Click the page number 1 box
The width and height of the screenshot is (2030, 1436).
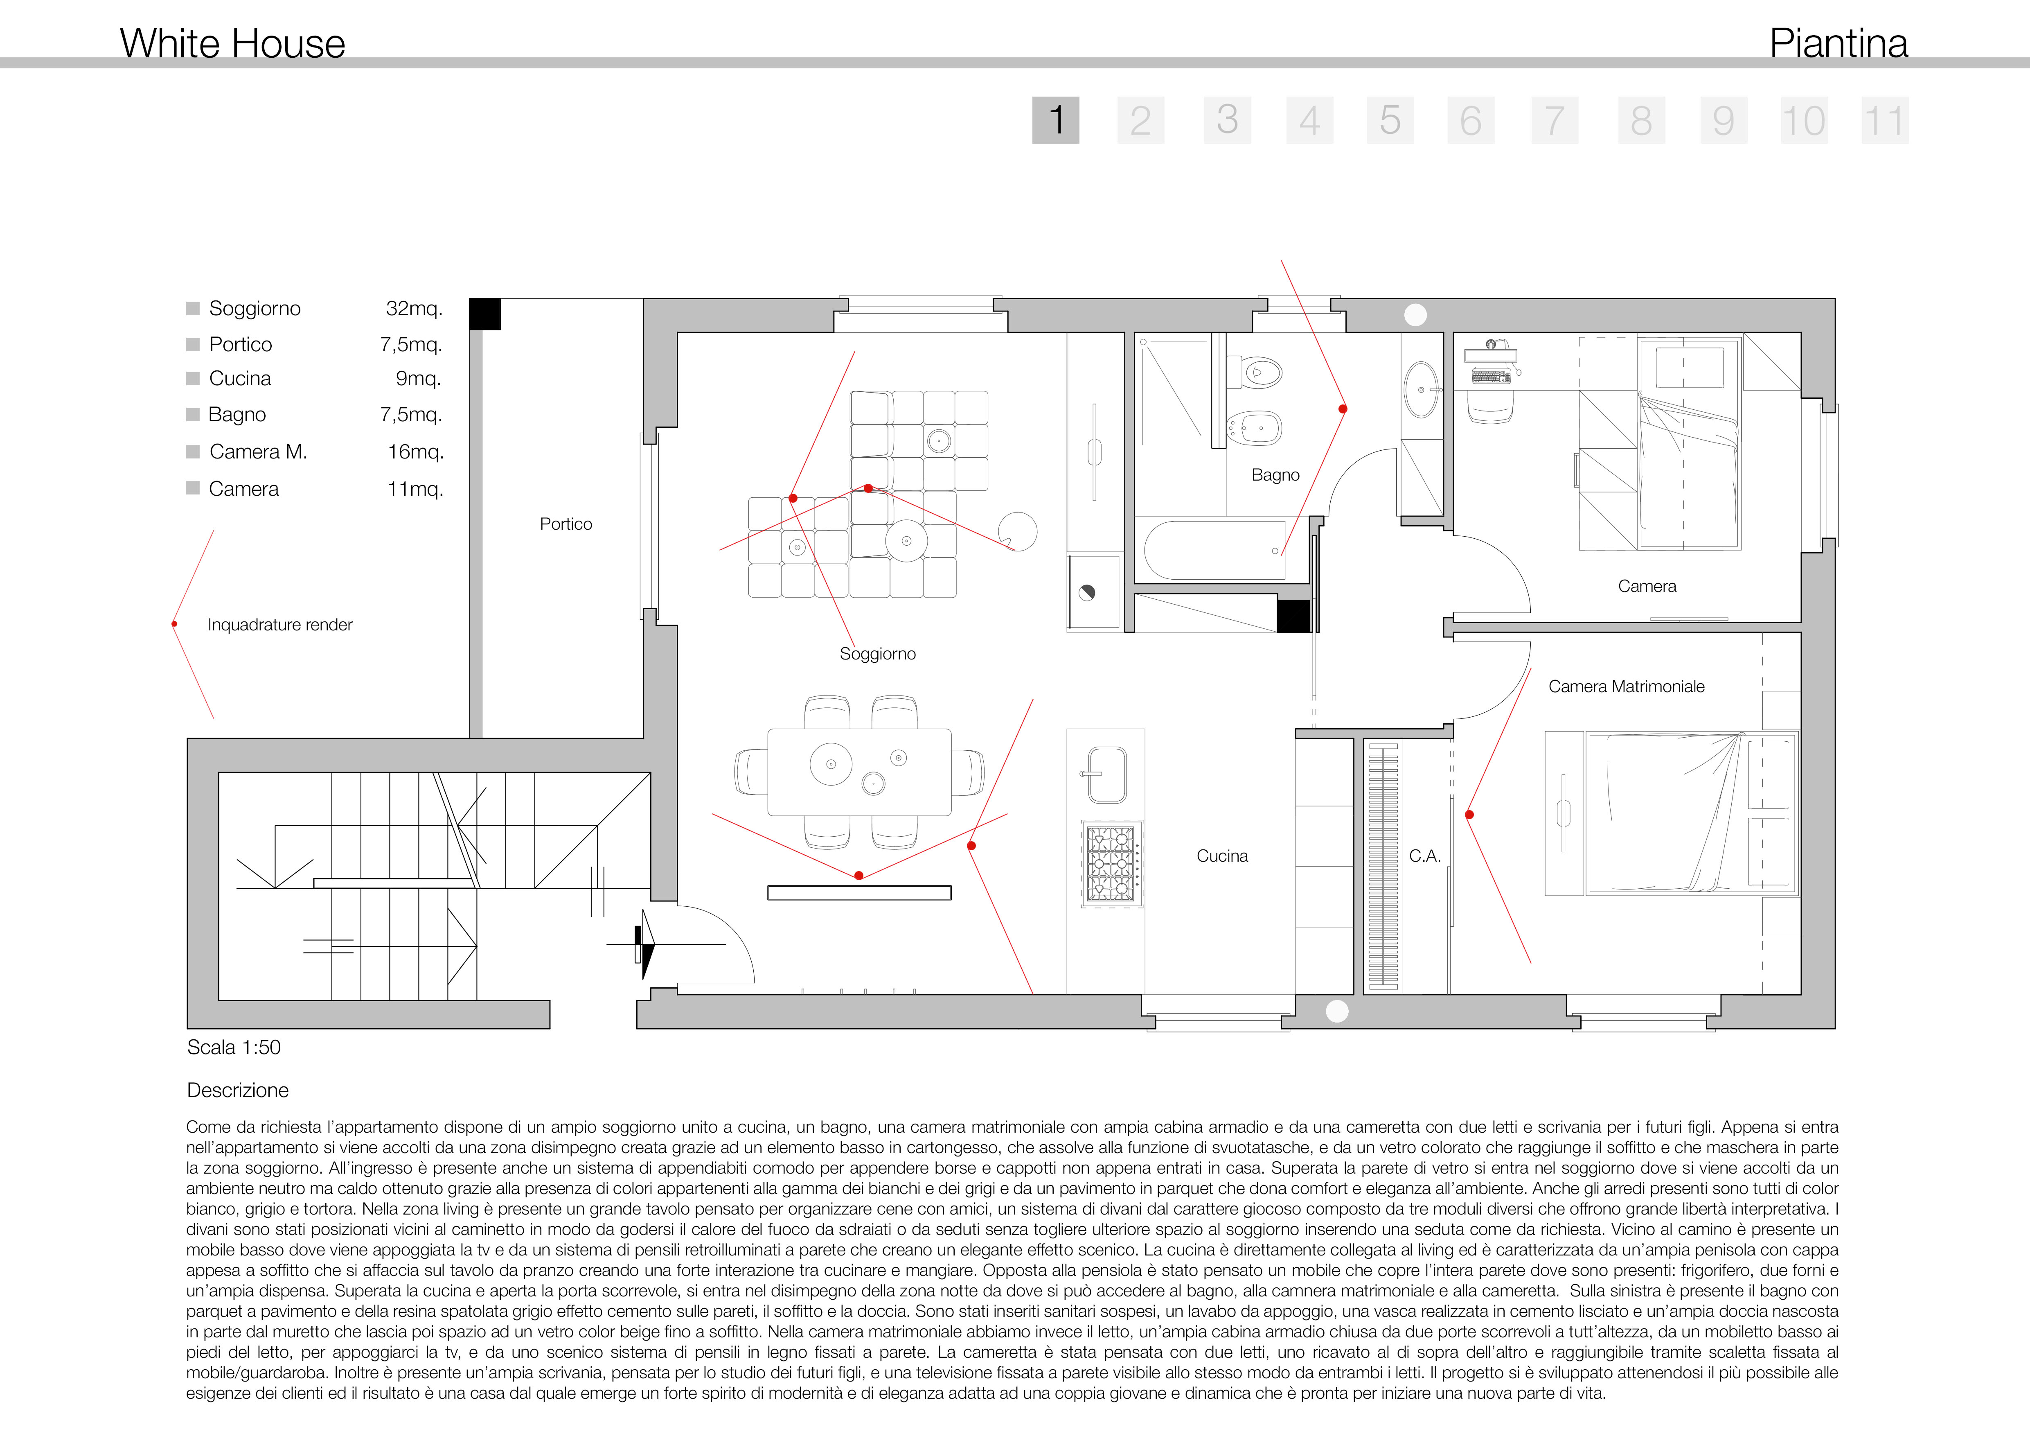point(1056,120)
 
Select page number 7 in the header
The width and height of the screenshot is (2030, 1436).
point(1555,120)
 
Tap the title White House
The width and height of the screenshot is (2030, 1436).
point(232,43)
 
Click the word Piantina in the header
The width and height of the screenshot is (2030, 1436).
point(1838,43)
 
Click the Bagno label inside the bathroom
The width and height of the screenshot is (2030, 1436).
point(1275,475)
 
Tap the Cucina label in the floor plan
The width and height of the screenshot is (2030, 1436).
point(1222,856)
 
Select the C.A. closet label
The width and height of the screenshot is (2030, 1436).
point(1424,856)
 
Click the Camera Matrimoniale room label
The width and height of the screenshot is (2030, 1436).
point(1626,686)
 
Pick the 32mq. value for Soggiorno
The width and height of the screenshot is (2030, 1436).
point(414,309)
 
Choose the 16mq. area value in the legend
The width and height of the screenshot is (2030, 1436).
point(416,452)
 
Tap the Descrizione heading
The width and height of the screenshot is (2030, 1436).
point(238,1090)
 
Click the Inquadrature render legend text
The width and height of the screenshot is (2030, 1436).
point(279,625)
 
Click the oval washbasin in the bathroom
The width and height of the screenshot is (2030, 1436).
point(1421,389)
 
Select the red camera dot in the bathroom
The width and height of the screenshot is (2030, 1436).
point(1343,409)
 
